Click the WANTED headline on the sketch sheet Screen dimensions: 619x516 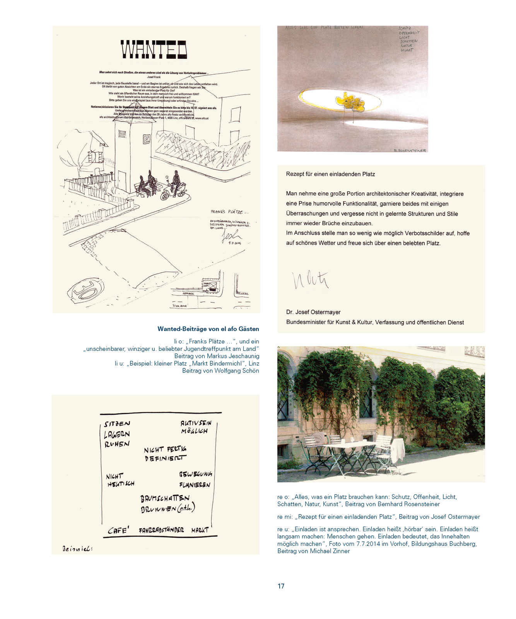click(x=154, y=50)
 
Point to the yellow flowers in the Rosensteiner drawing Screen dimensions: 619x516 click(x=350, y=100)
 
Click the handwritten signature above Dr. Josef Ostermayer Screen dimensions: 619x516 click(x=310, y=280)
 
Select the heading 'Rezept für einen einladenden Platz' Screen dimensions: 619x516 click(x=330, y=174)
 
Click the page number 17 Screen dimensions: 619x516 click(x=281, y=586)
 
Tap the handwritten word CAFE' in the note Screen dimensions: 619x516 click(x=118, y=530)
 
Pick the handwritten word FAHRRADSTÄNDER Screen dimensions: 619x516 click(x=161, y=530)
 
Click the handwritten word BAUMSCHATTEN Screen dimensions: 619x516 click(x=165, y=498)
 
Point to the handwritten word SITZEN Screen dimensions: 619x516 click(x=117, y=424)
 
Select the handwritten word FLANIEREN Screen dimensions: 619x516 click(x=195, y=485)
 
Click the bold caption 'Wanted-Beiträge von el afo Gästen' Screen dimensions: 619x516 click(x=208, y=329)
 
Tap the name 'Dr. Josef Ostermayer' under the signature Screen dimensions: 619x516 click(x=313, y=312)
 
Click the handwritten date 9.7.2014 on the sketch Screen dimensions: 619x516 click(x=235, y=243)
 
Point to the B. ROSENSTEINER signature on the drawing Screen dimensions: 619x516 click(x=410, y=150)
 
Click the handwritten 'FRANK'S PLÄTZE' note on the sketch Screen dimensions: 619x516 click(x=230, y=212)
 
